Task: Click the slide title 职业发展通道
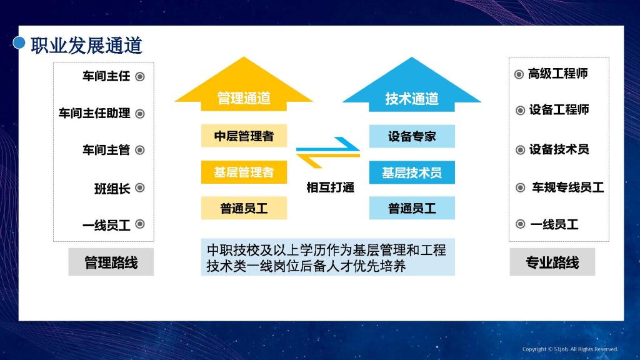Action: click(86, 45)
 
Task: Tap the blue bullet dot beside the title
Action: click(19, 42)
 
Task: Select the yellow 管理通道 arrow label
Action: click(244, 98)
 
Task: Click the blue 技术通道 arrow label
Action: click(412, 98)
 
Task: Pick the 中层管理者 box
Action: click(244, 136)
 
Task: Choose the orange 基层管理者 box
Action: click(244, 172)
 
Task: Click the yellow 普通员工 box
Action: click(244, 208)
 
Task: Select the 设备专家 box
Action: click(412, 136)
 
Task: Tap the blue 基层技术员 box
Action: click(412, 172)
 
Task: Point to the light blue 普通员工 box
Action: click(412, 208)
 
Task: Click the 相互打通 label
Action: click(330, 187)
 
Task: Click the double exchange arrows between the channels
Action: click(328, 152)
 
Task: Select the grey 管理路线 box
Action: click(111, 262)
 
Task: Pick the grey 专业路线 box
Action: click(552, 262)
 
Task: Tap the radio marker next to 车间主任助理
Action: click(140, 114)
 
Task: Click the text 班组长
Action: click(112, 189)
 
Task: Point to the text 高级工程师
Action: click(557, 74)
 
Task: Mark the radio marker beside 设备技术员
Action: click(520, 150)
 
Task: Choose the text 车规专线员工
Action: click(567, 187)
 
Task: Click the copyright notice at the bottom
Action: click(570, 349)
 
